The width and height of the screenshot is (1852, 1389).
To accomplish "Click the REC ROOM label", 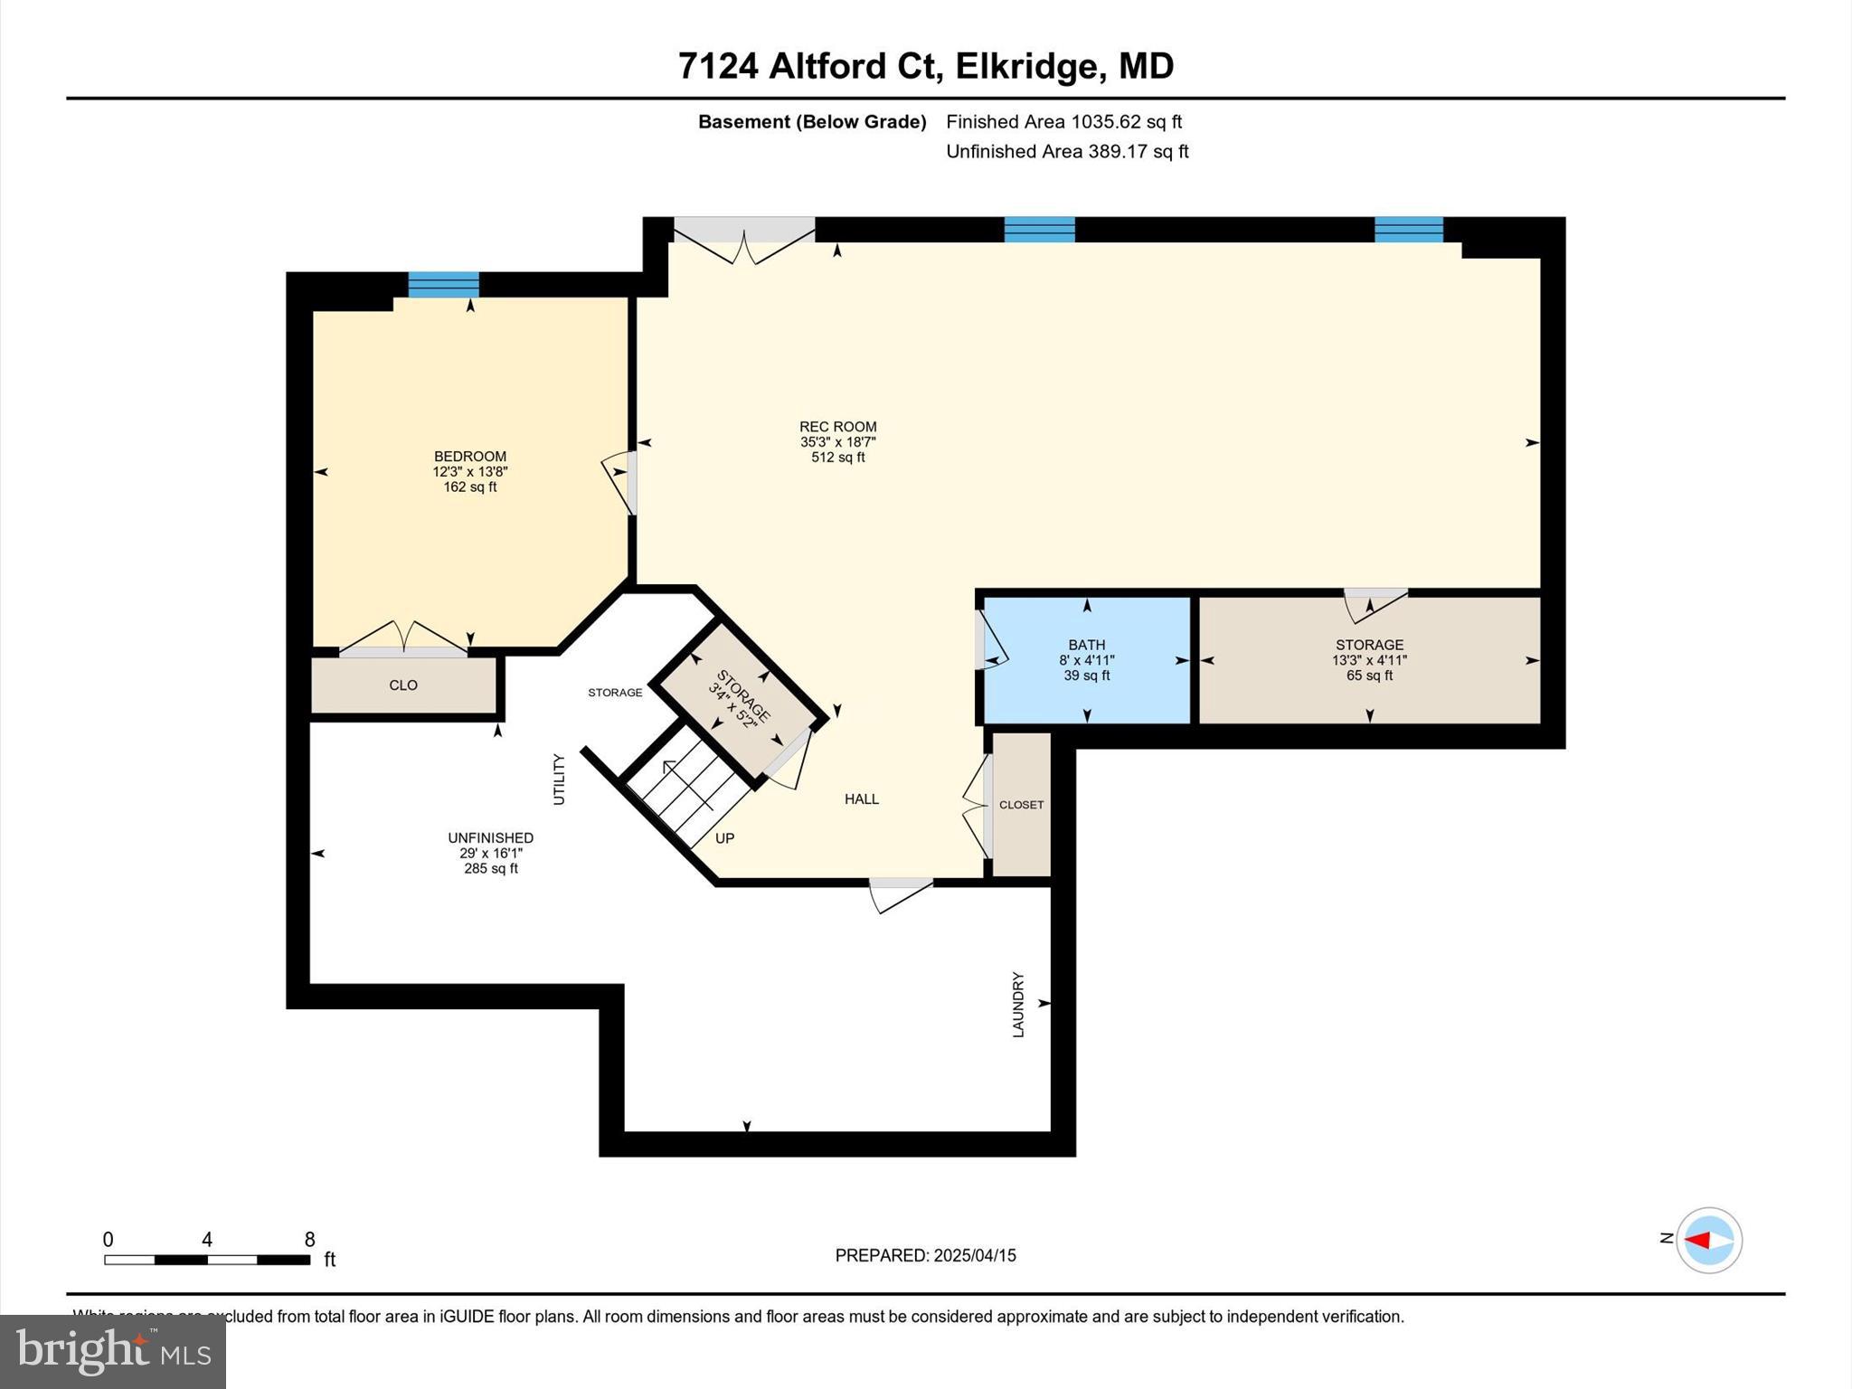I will click(837, 427).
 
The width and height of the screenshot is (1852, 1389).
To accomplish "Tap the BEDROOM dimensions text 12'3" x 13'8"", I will click(469, 472).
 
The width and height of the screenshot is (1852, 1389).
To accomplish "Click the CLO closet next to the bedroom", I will click(403, 685).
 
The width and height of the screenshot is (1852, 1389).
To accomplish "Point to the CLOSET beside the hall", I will click(1021, 805).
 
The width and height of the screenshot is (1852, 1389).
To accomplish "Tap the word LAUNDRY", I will click(1018, 1005).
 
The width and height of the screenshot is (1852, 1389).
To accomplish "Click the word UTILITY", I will click(559, 780).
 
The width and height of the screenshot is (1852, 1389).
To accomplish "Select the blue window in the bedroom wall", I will click(443, 285).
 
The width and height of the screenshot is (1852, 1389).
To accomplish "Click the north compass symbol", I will click(1708, 1240).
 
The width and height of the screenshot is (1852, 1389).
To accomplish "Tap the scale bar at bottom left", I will click(207, 1260).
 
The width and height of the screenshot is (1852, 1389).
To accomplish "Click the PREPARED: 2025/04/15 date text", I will click(925, 1255).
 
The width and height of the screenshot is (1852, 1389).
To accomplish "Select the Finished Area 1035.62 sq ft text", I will click(1063, 122).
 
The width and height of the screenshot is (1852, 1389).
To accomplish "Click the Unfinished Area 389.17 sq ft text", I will click(1067, 152).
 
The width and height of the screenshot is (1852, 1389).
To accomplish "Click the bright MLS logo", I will click(113, 1351).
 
